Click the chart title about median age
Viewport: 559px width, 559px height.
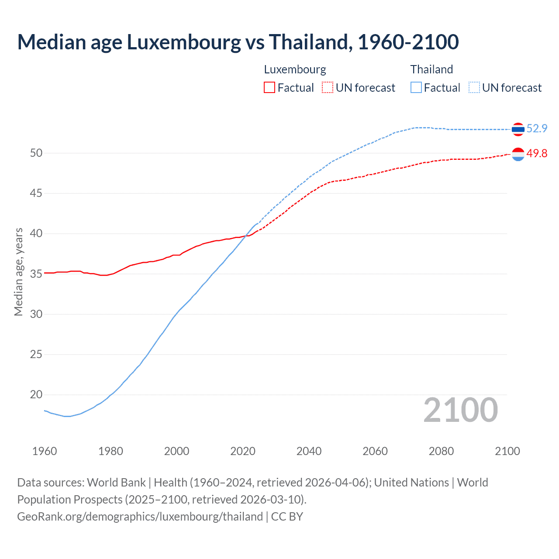238,42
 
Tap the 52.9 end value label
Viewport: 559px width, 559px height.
537,128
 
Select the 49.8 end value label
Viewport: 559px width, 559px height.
537,153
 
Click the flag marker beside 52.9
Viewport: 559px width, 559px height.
518,129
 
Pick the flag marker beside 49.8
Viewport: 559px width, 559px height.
518,154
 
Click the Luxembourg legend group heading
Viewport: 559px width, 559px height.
295,69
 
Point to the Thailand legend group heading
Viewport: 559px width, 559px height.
431,69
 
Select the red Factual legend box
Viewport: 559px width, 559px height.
269,88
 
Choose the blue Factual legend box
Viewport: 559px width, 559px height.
416,88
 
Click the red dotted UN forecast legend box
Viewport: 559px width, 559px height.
328,88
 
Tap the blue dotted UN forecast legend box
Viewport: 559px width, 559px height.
474,88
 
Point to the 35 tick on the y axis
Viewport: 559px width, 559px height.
36,274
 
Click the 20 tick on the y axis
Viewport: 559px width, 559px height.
36,395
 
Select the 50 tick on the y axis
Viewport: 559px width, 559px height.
36,153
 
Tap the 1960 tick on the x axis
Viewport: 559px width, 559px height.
45,451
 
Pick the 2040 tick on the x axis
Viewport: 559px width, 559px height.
309,451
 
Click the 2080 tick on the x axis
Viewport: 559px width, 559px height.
441,451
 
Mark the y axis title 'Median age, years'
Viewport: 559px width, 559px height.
18,272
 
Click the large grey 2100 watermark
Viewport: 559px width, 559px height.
461,410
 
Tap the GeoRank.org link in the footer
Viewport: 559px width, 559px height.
140,517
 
